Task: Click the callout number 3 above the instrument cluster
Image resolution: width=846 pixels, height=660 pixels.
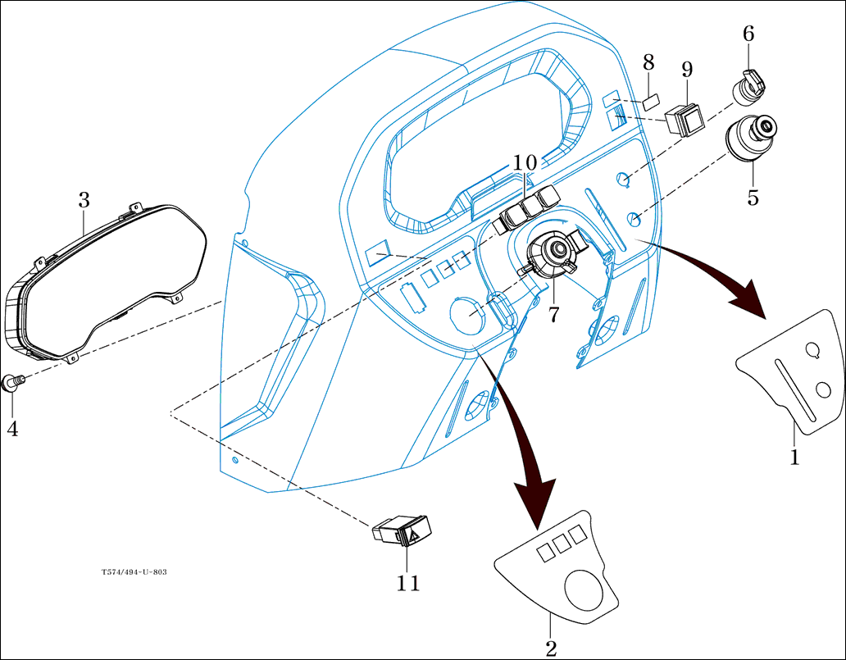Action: coord(84,199)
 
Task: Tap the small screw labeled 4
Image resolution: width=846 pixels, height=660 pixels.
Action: coord(13,382)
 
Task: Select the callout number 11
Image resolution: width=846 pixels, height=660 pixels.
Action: coord(408,583)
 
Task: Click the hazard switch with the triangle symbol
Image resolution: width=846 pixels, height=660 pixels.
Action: coord(403,532)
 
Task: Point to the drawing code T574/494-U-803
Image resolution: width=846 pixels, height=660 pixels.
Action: coord(134,571)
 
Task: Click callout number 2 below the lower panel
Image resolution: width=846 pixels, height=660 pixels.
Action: coord(551,649)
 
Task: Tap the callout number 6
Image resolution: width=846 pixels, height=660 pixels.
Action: coord(748,34)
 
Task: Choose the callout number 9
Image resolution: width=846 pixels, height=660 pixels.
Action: coord(687,70)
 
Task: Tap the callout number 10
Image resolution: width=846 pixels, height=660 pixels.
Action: coord(525,162)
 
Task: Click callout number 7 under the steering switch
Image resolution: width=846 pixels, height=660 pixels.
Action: coord(554,314)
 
